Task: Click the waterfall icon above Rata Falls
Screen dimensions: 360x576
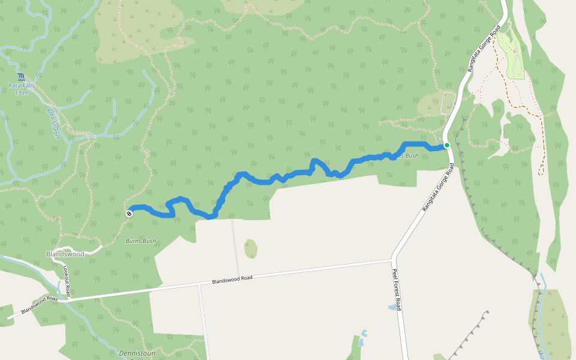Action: (x=22, y=77)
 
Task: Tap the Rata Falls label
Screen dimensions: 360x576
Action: (x=22, y=86)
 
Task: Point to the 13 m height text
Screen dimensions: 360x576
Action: (x=22, y=93)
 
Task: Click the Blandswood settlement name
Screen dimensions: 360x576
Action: (x=65, y=254)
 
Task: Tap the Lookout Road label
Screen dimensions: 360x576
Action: (x=67, y=281)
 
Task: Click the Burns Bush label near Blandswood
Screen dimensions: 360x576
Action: (x=140, y=241)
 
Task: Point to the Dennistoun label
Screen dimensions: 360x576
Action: (x=137, y=353)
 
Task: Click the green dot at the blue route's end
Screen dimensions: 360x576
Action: (x=447, y=145)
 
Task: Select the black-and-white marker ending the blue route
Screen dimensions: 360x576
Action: (x=129, y=213)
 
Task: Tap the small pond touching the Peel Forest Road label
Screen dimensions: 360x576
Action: (x=392, y=307)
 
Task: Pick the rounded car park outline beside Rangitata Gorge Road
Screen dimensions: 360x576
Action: (x=448, y=103)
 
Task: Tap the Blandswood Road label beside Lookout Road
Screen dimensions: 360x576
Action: (x=39, y=304)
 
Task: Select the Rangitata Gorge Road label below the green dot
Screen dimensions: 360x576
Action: (x=436, y=187)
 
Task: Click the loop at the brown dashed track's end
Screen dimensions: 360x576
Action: (x=541, y=172)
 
